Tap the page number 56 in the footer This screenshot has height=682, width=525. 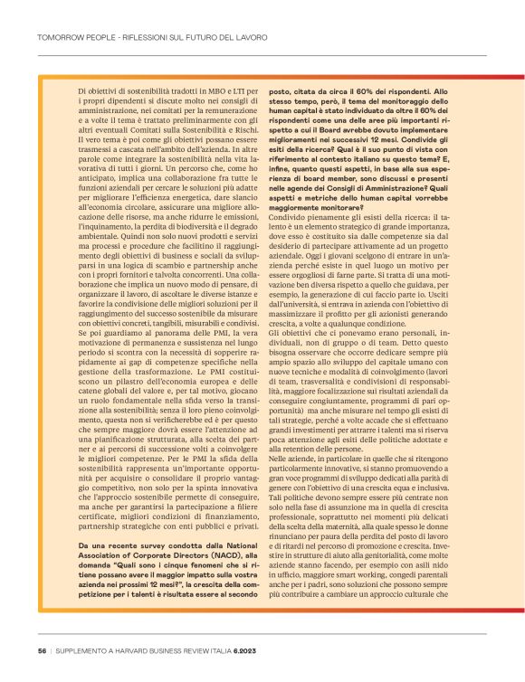click(x=42, y=650)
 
